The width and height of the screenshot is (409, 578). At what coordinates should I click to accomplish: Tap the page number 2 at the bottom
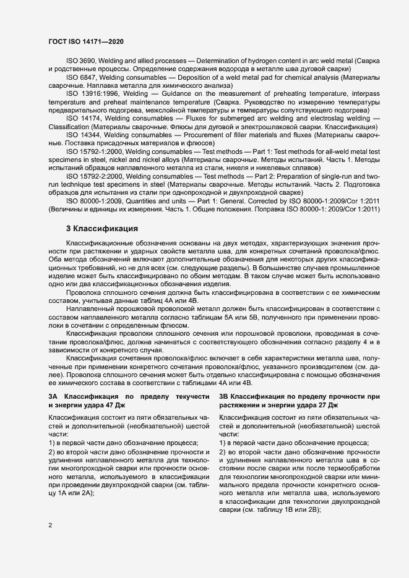[50, 525]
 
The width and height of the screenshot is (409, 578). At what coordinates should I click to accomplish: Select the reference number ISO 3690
[80, 62]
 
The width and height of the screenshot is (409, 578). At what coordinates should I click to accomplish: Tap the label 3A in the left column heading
[53, 396]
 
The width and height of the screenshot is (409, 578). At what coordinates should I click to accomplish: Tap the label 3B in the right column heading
[224, 396]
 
